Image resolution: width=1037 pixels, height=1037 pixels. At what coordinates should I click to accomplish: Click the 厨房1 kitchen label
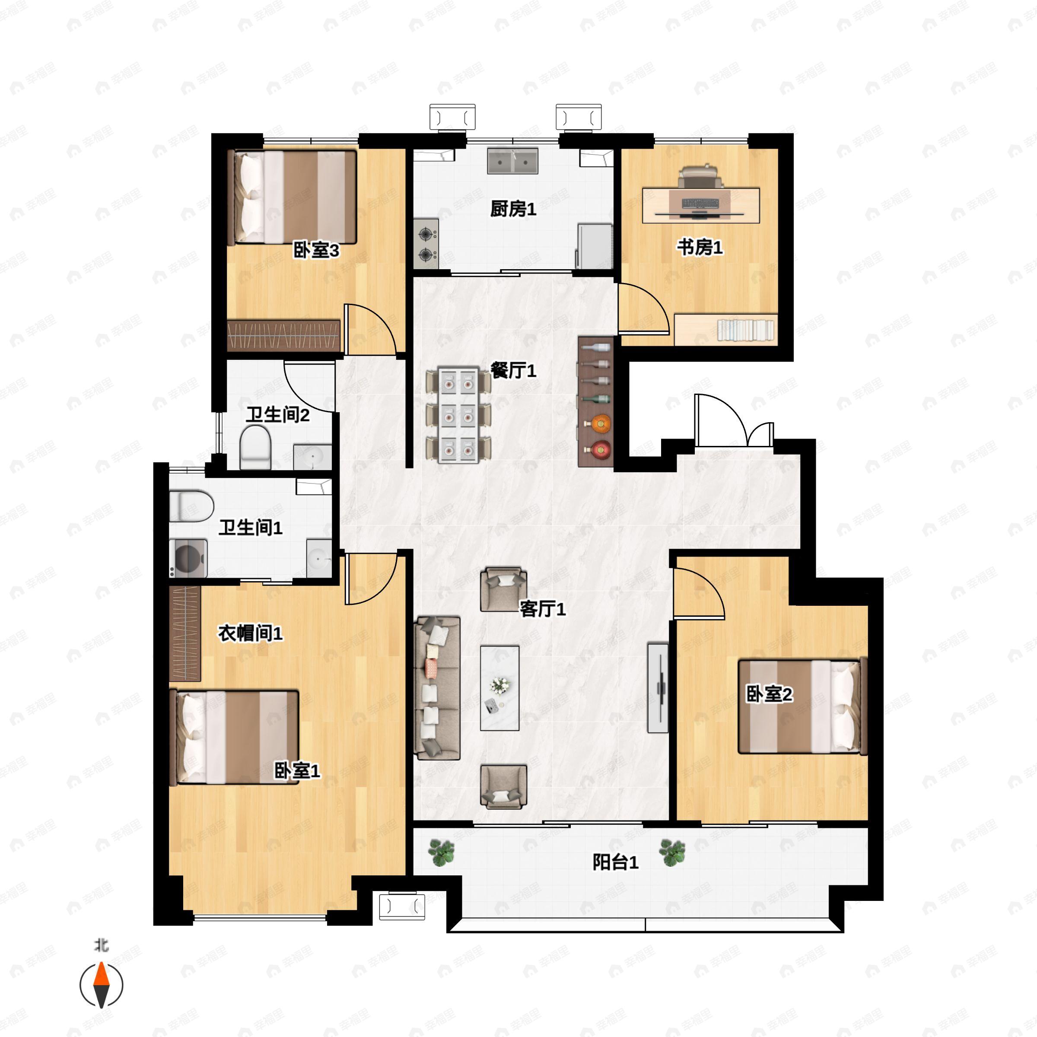513,209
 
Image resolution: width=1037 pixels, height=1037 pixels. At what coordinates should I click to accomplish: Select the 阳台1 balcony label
615,862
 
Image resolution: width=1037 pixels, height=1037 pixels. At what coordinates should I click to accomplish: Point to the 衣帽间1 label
250,633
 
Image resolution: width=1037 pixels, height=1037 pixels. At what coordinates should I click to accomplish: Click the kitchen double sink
512,161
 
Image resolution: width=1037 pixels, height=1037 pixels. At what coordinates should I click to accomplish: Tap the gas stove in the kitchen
426,244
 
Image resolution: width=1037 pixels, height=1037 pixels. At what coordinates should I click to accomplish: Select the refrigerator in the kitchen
595,246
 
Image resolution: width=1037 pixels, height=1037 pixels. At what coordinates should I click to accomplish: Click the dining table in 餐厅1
458,414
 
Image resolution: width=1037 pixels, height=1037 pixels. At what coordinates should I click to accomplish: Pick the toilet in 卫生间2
254,447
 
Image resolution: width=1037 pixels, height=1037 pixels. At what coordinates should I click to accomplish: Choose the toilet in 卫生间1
191,506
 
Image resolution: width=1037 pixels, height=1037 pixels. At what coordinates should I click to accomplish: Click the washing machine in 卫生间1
188,558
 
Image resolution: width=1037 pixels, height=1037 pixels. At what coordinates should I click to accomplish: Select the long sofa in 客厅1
437,688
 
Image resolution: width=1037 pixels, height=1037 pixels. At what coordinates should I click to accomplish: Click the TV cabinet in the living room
658,687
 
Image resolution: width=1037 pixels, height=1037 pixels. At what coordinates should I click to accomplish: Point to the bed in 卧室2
802,706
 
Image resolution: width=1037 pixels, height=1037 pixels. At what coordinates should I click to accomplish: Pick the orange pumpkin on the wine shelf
600,423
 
